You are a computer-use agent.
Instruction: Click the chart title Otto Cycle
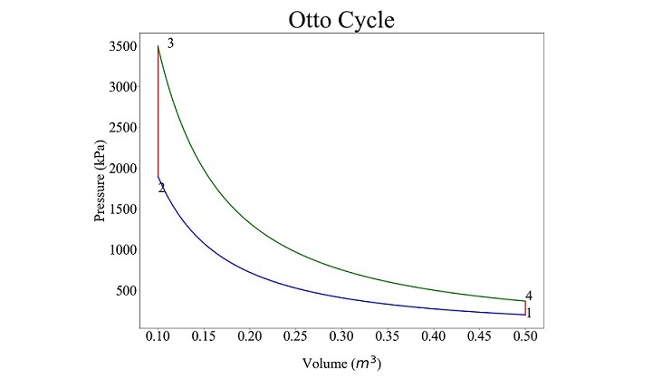(341, 19)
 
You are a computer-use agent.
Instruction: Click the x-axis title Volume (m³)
(340, 364)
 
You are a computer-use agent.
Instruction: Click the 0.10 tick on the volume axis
(158, 336)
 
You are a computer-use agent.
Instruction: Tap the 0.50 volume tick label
(525, 336)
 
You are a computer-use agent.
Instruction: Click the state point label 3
(170, 44)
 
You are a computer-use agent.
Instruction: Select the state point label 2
(161, 189)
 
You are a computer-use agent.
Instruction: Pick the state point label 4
(529, 296)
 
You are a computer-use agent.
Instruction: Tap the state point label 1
(529, 313)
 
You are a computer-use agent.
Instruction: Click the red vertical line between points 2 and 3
(158, 109)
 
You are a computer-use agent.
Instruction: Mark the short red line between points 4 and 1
(525, 307)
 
